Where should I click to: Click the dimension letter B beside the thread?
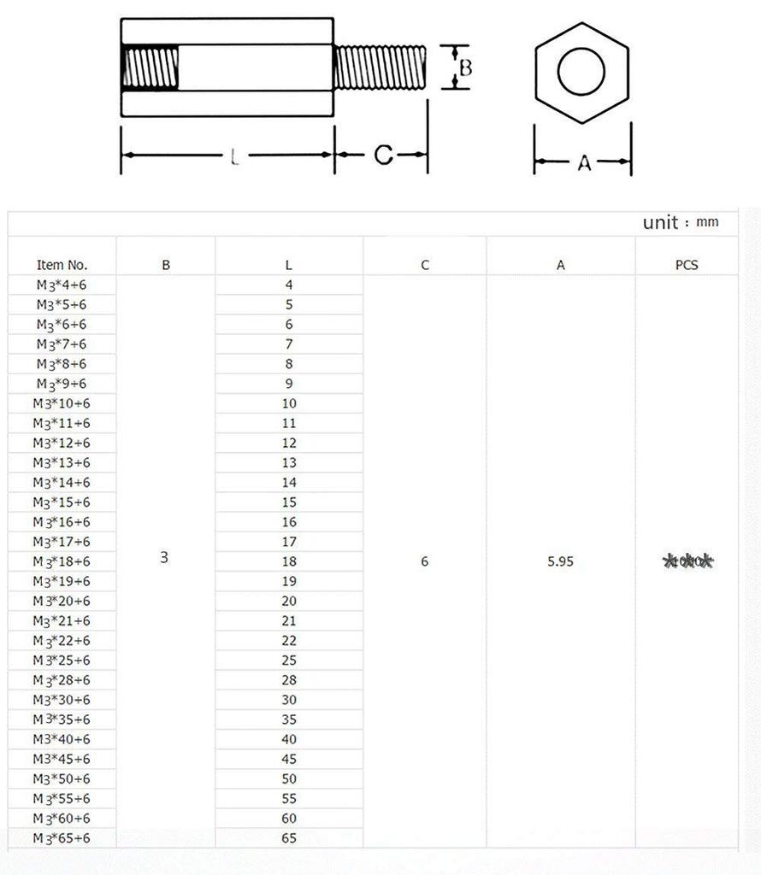[465, 68]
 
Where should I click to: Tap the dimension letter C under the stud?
[384, 155]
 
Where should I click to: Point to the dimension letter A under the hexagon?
[584, 162]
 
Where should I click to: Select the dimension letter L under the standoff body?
[234, 156]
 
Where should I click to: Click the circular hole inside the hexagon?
[581, 73]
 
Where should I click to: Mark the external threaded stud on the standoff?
[380, 68]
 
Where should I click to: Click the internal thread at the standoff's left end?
[150, 68]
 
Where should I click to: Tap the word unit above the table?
[660, 222]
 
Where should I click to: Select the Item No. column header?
[62, 265]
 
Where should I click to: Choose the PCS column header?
[687, 265]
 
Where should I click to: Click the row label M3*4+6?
[62, 285]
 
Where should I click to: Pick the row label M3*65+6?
[62, 838]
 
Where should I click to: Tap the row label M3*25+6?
[62, 661]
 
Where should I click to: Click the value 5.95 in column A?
[561, 561]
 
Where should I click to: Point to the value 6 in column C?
[425, 561]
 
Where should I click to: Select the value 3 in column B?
[164, 557]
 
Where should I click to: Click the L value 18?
[289, 561]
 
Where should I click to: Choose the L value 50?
[289, 778]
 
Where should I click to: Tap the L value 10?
[289, 403]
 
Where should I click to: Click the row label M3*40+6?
[62, 739]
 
